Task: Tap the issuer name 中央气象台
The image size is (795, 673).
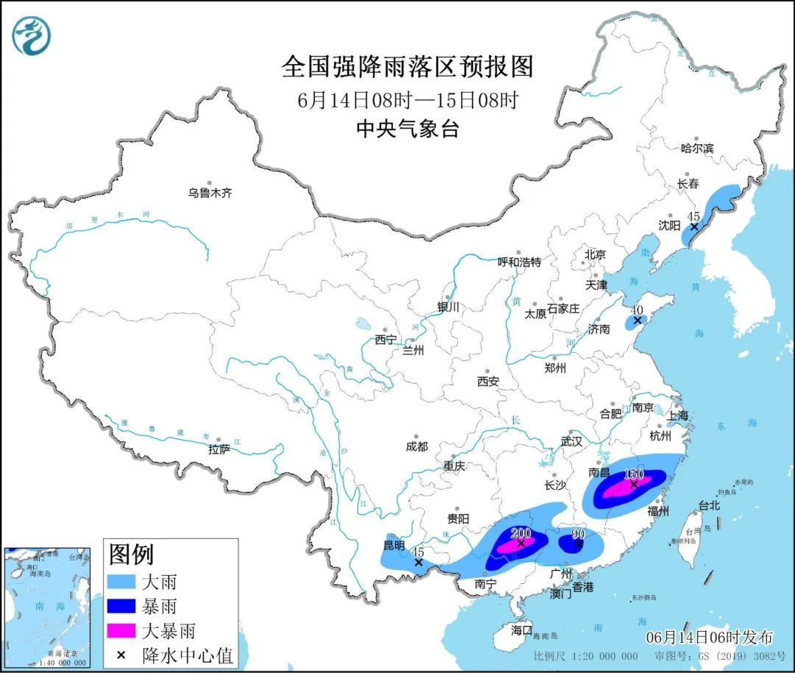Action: [x=407, y=129]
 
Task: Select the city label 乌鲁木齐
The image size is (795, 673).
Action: [x=209, y=193]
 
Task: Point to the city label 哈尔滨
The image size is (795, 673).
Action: [x=696, y=148]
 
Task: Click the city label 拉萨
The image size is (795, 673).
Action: [x=219, y=448]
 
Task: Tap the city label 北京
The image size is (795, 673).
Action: [x=594, y=254]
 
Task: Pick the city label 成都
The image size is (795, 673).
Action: [x=416, y=446]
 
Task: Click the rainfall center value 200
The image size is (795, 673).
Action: [x=520, y=532]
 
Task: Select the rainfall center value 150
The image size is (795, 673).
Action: [x=634, y=473]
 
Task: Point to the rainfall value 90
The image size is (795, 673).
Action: [x=578, y=533]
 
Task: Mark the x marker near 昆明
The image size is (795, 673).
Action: [x=418, y=563]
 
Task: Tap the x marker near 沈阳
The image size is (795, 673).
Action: [x=693, y=227]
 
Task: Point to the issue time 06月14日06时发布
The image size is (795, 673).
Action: [x=710, y=637]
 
